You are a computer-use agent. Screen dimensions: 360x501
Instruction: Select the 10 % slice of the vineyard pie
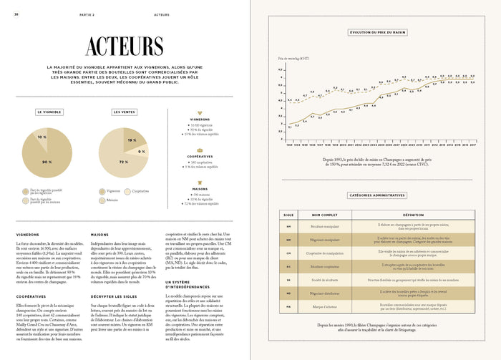point(42,136)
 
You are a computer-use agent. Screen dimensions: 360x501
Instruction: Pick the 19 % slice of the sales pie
point(132,140)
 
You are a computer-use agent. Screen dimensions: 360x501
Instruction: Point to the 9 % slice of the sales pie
point(140,152)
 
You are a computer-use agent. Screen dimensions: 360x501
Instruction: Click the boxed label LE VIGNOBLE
point(49,112)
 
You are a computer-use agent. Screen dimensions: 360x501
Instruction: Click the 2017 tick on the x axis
point(473,144)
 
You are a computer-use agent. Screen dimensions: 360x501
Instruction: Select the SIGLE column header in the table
point(289,214)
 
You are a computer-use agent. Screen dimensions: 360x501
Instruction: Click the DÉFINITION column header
point(408,214)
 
